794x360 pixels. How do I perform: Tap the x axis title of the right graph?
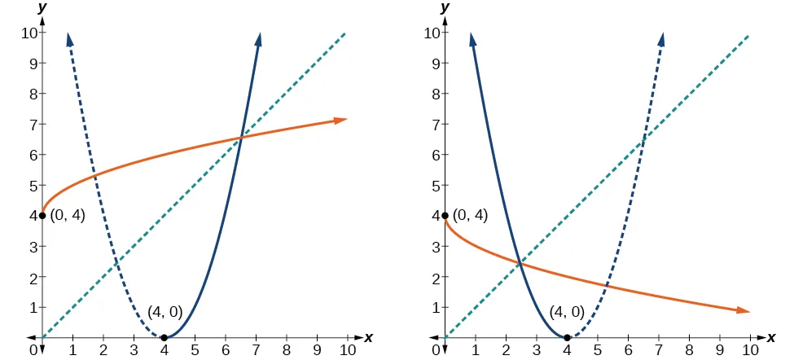coord(771,336)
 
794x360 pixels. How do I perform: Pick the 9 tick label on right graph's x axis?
coord(720,351)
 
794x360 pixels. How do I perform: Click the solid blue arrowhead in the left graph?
coord(258,39)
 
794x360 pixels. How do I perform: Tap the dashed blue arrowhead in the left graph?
coord(70,39)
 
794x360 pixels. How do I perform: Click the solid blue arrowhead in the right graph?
coord(472,39)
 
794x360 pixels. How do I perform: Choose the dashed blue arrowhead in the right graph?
coord(660,39)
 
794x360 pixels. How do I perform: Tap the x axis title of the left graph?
coord(368,336)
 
